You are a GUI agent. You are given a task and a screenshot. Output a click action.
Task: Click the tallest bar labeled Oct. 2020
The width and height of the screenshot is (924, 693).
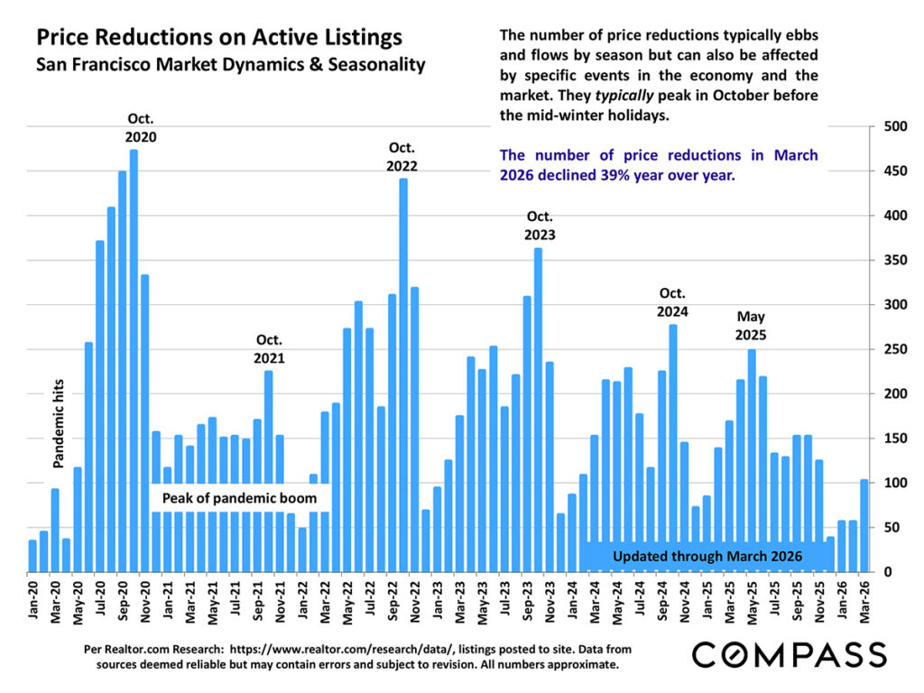(134, 361)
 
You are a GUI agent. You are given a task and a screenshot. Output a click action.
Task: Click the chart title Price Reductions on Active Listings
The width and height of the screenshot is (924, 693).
(218, 38)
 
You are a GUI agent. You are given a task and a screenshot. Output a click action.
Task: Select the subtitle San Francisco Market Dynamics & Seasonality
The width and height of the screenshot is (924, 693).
(229, 65)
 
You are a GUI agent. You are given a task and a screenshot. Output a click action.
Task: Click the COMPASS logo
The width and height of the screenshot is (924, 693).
(789, 654)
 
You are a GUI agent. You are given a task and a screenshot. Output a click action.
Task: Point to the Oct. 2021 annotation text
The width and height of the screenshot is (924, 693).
(268, 349)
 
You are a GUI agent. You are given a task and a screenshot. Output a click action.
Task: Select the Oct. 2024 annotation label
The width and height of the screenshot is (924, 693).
(673, 302)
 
